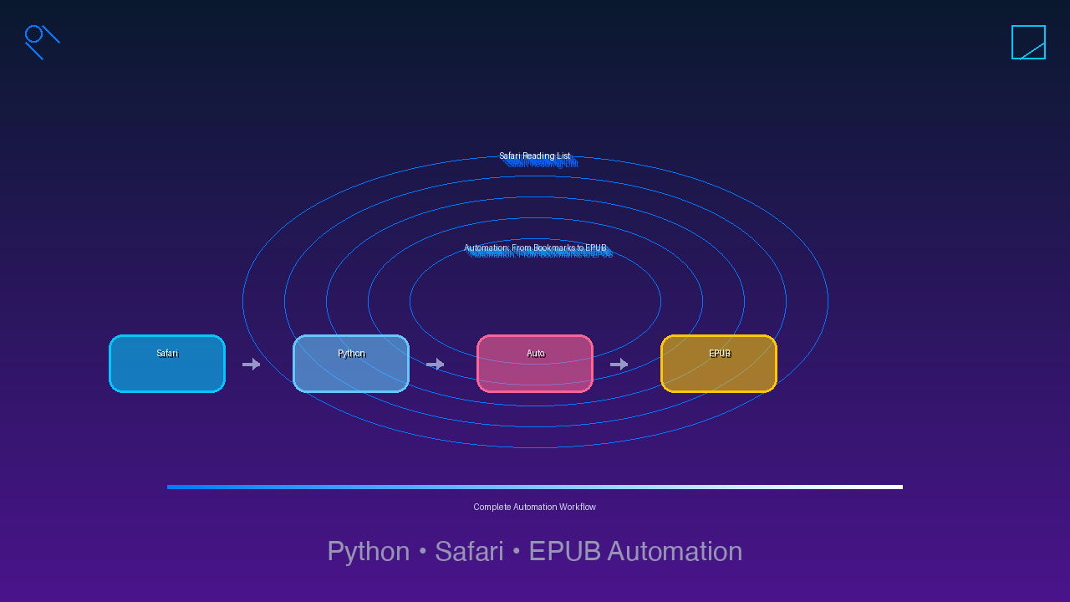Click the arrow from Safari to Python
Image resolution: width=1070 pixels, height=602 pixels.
[251, 364]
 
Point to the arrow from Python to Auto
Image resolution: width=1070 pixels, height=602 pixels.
[435, 364]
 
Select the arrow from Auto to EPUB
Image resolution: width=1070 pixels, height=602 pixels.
[619, 364]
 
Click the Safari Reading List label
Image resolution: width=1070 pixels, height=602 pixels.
[535, 156]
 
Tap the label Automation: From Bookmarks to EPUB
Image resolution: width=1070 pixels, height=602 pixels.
[535, 248]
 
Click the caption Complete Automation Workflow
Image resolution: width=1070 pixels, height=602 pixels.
[535, 507]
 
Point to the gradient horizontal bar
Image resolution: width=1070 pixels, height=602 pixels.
[535, 487]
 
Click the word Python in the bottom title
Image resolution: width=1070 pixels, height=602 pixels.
[368, 552]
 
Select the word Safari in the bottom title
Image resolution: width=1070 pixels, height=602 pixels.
[469, 552]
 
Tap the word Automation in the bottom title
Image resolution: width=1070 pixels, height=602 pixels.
[675, 552]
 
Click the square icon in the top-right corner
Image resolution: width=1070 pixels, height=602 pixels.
[1028, 42]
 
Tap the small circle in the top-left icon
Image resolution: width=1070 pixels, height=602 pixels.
[33, 33]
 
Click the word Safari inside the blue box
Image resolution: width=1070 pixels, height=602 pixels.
[167, 354]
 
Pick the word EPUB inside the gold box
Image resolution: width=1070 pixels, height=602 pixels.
[720, 354]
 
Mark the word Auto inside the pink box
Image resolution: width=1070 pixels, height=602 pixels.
[536, 354]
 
